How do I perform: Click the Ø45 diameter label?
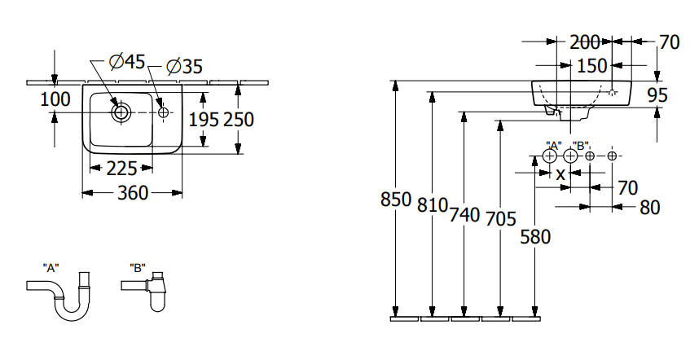[x=127, y=62]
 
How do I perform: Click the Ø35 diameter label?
[x=185, y=67]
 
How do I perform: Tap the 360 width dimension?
[x=133, y=193]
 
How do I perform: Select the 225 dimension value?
[x=122, y=169]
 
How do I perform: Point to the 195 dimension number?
[x=204, y=120]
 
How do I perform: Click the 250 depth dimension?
[x=239, y=120]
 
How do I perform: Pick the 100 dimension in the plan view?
[x=55, y=99]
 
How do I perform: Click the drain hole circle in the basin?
[x=121, y=112]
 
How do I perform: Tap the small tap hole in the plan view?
[x=163, y=112]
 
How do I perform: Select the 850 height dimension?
[x=396, y=200]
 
